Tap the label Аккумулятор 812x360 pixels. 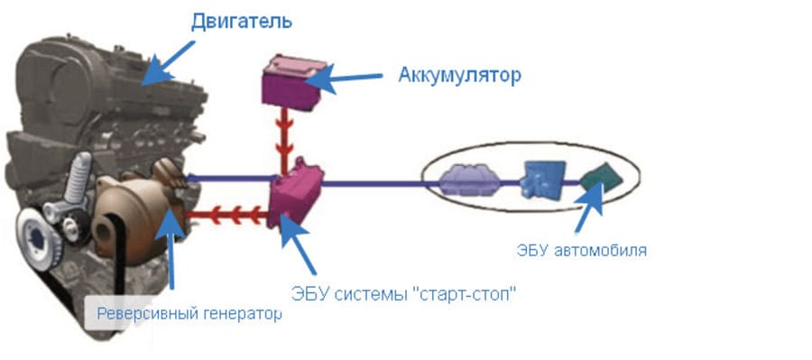pyautogui.click(x=459, y=75)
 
